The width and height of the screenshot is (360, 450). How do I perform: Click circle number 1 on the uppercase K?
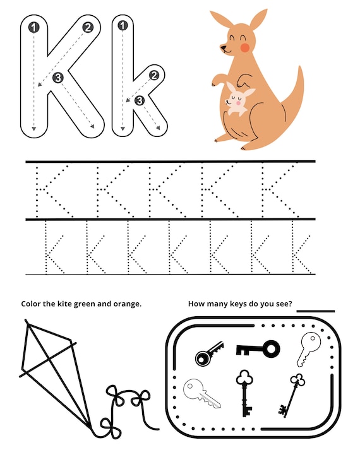click(33, 27)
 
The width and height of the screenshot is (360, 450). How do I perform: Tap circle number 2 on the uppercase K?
click(87, 27)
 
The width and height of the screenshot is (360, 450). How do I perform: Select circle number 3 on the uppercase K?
click(58, 78)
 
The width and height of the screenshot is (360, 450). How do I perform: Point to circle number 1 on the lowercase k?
click(123, 26)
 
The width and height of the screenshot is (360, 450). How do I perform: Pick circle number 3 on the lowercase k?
click(140, 100)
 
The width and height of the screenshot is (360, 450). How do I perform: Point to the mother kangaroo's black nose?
click(222, 46)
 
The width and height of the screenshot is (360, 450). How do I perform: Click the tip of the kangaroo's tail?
click(299, 68)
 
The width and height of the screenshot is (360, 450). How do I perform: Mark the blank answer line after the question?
click(315, 311)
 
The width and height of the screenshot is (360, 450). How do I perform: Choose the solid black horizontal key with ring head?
click(258, 348)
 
